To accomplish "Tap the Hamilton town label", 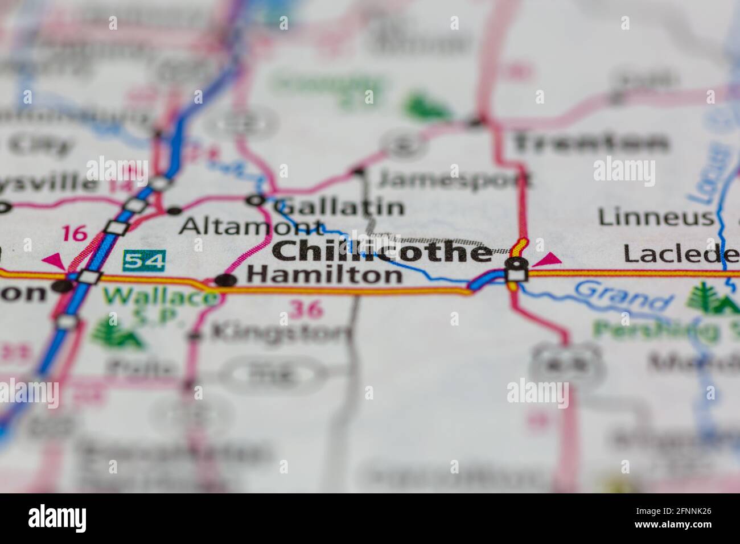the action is click(324, 276).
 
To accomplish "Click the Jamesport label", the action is click(454, 180).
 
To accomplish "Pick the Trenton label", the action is click(590, 142).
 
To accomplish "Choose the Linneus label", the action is click(655, 217).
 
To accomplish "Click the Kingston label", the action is click(280, 332).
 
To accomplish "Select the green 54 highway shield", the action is click(144, 261).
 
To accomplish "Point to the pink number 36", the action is click(306, 310).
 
